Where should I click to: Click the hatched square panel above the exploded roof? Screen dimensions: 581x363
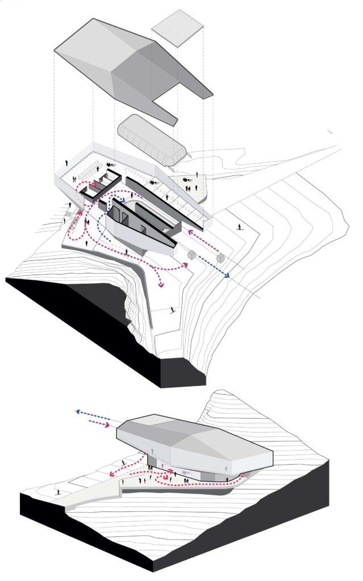click(178, 27)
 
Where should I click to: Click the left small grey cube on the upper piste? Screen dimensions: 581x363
click(192, 255)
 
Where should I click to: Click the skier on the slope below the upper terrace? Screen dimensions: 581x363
click(172, 310)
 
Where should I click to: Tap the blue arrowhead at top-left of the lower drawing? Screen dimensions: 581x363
click(78, 411)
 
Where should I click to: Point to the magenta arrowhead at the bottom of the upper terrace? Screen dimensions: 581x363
click(162, 284)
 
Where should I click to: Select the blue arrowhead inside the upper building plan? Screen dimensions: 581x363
click(124, 200)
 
